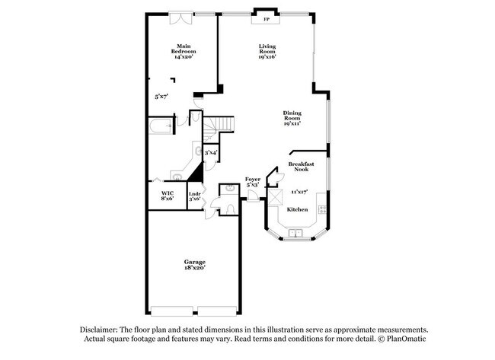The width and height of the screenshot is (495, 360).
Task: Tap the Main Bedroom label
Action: coord(184,51)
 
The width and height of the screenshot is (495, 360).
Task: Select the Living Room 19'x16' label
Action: coord(266,51)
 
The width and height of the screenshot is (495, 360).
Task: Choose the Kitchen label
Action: coord(297,209)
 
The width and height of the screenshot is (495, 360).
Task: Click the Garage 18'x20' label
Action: coord(194,265)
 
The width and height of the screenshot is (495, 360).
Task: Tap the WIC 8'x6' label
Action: coord(168,196)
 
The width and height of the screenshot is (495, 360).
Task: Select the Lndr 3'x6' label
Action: coord(194,196)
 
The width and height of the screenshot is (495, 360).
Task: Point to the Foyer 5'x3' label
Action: coord(253,182)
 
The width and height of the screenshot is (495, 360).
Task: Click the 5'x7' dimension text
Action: coord(161,97)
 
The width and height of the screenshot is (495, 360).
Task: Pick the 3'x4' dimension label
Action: coord(211,152)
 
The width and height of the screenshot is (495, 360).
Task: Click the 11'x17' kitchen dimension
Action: coord(299,192)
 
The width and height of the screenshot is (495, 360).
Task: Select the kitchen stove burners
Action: coord(322,209)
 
